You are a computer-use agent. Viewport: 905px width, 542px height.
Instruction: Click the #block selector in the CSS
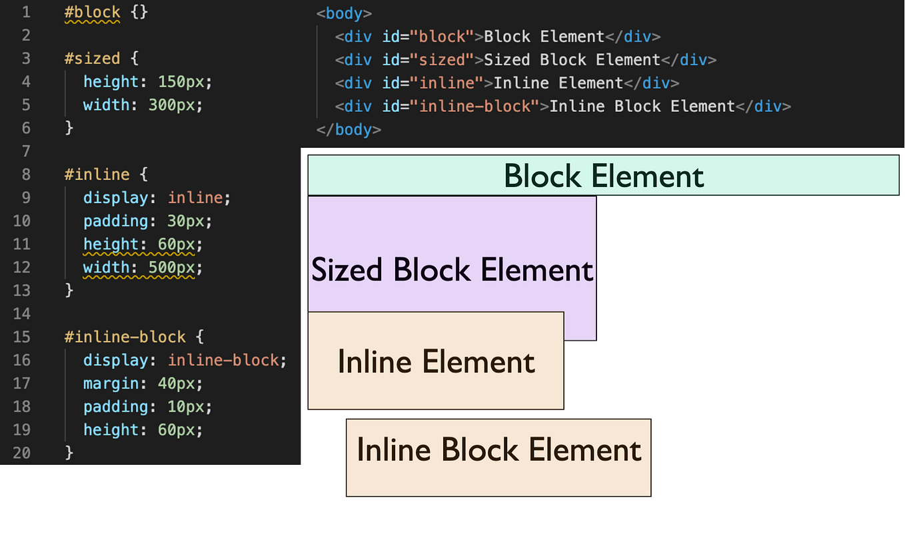pos(92,13)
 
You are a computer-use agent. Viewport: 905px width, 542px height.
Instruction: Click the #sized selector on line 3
pos(92,59)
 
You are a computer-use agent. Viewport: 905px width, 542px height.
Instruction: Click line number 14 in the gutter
pos(21,314)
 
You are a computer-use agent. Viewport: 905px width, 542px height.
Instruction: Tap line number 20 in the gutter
pos(21,453)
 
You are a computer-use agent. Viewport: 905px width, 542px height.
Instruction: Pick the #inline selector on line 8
pos(97,174)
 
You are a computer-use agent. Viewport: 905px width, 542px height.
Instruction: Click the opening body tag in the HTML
pos(344,13)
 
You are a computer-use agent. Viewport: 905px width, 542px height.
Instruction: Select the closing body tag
pos(349,129)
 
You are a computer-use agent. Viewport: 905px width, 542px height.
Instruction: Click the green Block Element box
pos(603,176)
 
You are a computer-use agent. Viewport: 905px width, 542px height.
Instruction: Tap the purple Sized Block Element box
pos(452,269)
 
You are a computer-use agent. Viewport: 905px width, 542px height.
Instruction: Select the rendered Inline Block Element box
pos(498,457)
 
